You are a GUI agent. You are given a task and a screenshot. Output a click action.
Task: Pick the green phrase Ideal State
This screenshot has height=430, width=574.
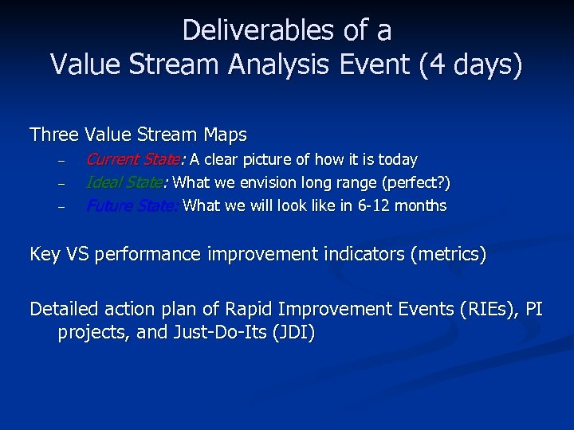click(124, 183)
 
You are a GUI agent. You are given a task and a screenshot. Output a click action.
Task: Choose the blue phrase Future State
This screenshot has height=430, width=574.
click(132, 206)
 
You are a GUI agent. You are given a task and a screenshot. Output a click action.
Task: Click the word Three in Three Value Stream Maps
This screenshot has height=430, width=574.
click(53, 135)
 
